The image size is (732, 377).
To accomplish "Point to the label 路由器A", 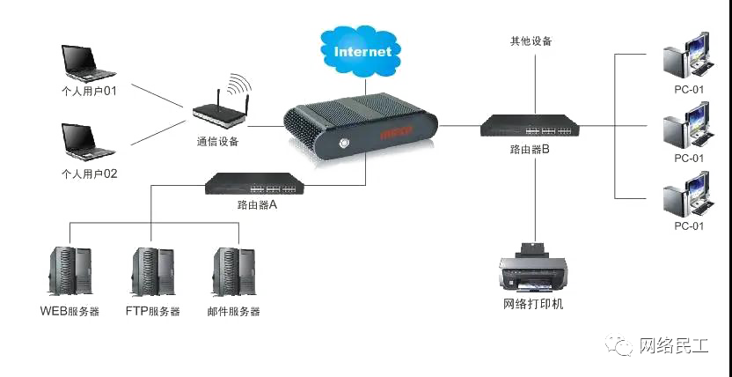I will [x=257, y=204].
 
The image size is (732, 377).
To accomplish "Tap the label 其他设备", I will [x=531, y=41].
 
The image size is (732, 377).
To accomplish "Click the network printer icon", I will [x=532, y=270].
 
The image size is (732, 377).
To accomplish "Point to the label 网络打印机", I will [x=532, y=305].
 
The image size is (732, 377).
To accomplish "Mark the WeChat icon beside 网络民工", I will [x=619, y=344].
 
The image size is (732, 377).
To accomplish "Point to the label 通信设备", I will [x=217, y=140].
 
